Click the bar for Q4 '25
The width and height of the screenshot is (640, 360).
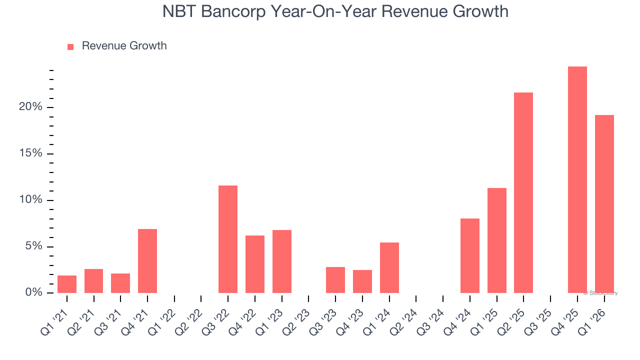point(577,180)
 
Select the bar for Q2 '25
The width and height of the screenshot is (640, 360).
point(523,193)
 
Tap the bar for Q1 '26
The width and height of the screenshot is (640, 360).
point(604,204)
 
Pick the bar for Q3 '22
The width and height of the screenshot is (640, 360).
point(228,239)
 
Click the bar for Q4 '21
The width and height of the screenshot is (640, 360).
point(147,261)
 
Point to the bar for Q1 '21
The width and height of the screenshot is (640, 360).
point(67,284)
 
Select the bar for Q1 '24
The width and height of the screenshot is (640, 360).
point(389,267)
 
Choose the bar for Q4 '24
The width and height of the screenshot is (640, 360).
point(470,255)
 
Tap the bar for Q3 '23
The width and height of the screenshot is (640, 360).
point(335,280)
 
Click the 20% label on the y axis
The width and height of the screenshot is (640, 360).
point(31,107)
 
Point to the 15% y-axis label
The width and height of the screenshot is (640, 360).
point(31,153)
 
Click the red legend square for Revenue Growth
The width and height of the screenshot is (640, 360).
point(70,46)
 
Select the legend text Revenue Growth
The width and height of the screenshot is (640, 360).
point(124,46)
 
